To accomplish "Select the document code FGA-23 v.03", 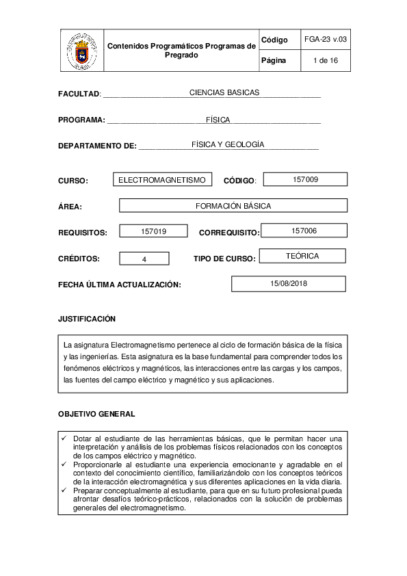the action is (x=326, y=40).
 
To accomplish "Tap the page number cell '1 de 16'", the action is (x=326, y=61).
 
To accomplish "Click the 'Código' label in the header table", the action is (x=274, y=41).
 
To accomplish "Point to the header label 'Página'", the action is (x=274, y=61).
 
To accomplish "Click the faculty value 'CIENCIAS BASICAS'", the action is (x=224, y=92).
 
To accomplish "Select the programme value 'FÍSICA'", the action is (x=218, y=119).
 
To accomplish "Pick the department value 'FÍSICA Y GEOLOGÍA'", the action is (x=228, y=144).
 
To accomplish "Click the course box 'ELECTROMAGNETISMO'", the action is (x=162, y=180).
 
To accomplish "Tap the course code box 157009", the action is (x=305, y=179).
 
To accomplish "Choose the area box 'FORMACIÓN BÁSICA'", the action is (x=233, y=205).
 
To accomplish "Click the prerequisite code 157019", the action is (x=153, y=231).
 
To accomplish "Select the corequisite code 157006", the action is (x=304, y=231).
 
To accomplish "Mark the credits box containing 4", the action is (x=144, y=259).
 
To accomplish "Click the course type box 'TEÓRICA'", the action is (x=302, y=256).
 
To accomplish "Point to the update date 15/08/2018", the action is (x=289, y=283).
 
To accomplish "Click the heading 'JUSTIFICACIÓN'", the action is (x=87, y=319).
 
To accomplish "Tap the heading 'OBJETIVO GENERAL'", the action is (x=96, y=414).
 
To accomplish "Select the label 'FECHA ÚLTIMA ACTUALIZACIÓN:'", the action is (x=120, y=284).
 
